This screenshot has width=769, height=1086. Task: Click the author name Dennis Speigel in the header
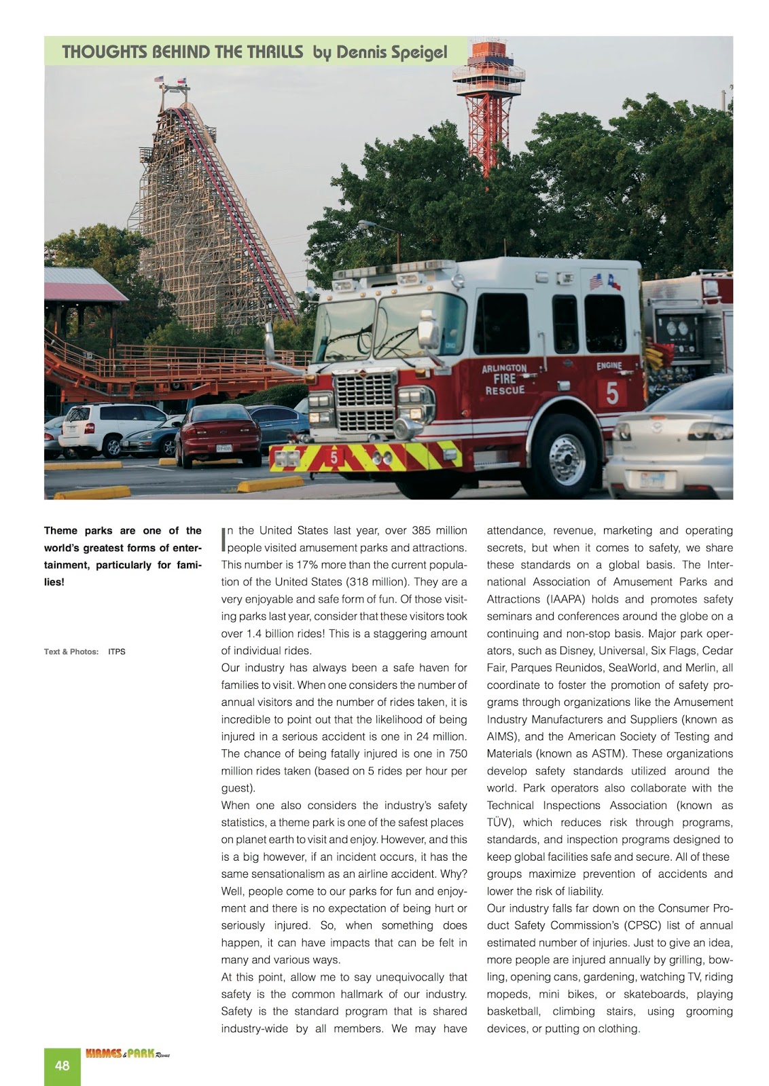tap(391, 53)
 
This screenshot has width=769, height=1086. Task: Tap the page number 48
tap(62, 1066)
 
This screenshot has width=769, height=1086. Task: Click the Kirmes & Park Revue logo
tap(127, 1054)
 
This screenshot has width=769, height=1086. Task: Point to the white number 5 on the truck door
tap(612, 393)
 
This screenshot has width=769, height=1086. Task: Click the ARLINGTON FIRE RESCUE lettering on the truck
tap(504, 379)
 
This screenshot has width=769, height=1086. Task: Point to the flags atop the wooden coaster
tap(169, 80)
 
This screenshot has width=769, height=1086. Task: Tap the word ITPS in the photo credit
tap(117, 652)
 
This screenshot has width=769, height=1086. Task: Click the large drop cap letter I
tap(223, 540)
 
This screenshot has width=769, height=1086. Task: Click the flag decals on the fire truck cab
tap(604, 281)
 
